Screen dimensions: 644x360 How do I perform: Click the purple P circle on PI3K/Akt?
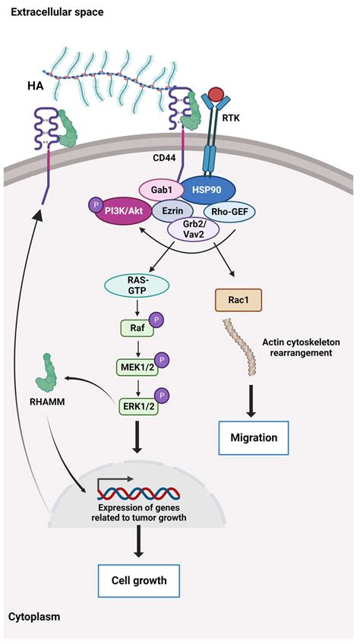point(96,205)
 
